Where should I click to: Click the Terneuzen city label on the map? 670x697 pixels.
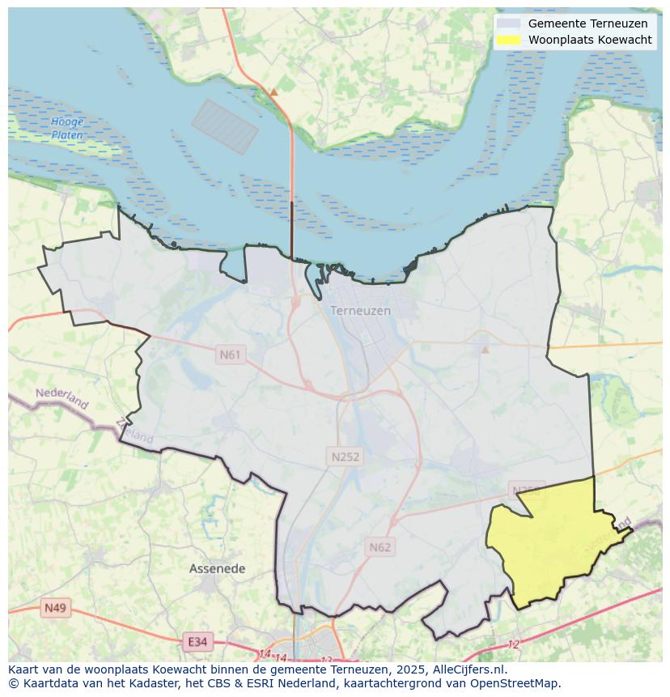pyautogui.click(x=360, y=311)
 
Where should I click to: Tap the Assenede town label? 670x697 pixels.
pyautogui.click(x=217, y=569)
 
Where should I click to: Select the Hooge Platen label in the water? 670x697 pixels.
pyautogui.click(x=67, y=129)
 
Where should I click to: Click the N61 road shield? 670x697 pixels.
pyautogui.click(x=230, y=355)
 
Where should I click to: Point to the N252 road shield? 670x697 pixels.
pyautogui.click(x=345, y=457)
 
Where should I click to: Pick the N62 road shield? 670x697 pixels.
pyautogui.click(x=380, y=547)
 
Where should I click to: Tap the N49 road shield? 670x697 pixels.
pyautogui.click(x=56, y=608)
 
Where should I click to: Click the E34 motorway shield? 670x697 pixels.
pyautogui.click(x=197, y=642)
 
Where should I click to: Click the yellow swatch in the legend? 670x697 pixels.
pyautogui.click(x=508, y=40)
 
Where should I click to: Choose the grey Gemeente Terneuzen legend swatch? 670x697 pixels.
pyautogui.click(x=508, y=23)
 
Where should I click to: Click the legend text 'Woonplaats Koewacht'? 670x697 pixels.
pyautogui.click(x=590, y=40)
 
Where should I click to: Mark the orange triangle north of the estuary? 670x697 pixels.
pyautogui.click(x=274, y=92)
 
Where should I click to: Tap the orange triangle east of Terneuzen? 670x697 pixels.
pyautogui.click(x=485, y=350)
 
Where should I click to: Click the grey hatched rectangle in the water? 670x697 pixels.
pyautogui.click(x=224, y=127)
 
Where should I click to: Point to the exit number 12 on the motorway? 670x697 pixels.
pyautogui.click(x=513, y=644)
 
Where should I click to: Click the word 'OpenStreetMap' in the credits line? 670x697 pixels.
pyautogui.click(x=515, y=683)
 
